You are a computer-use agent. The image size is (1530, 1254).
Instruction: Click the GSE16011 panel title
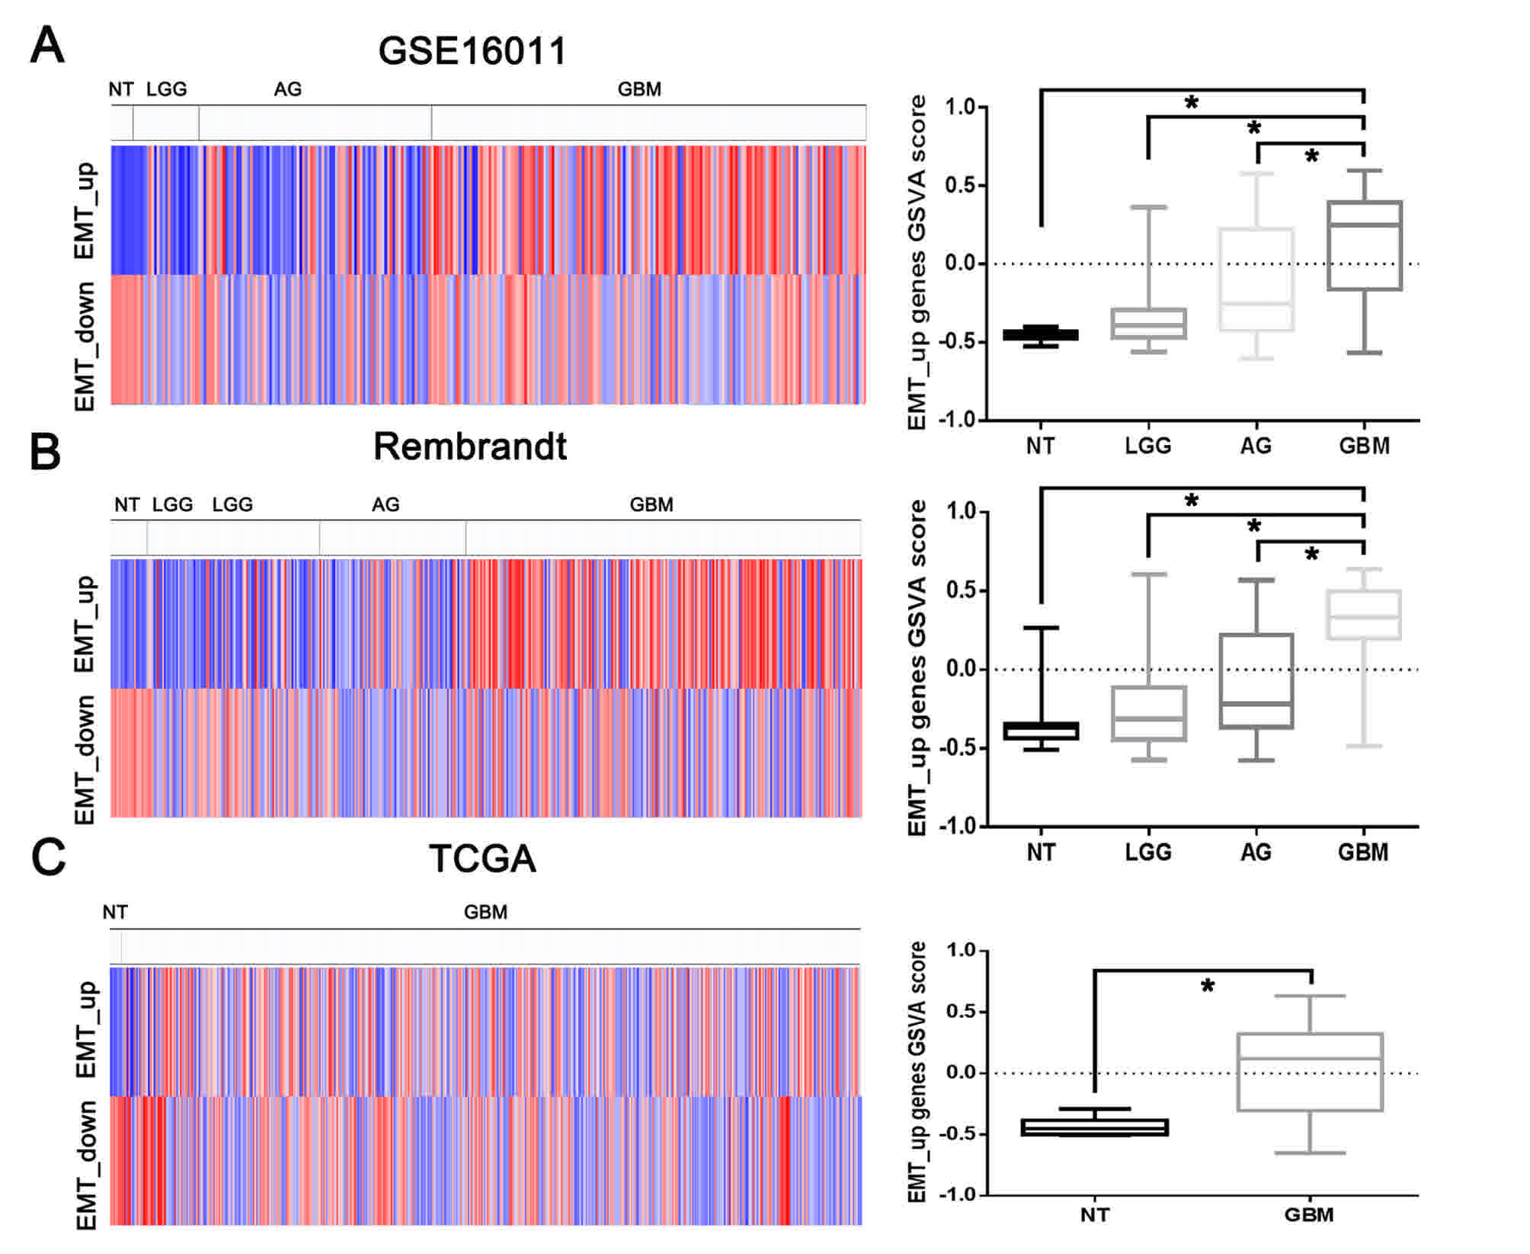[472, 52]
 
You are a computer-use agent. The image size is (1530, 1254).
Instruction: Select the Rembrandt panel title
[469, 446]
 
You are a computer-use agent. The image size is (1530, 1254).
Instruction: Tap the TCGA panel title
[482, 859]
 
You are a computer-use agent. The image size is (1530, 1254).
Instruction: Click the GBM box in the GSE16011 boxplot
[1364, 245]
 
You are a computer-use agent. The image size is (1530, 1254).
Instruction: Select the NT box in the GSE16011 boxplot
[1041, 334]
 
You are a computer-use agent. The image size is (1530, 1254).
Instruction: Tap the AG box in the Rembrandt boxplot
[1256, 681]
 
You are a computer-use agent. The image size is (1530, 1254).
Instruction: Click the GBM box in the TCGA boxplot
[1310, 1072]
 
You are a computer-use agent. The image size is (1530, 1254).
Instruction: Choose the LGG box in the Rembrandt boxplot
[1148, 714]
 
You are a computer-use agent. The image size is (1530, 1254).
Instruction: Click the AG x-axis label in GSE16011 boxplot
[1256, 446]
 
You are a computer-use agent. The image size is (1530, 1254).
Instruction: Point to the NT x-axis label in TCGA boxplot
[1095, 1214]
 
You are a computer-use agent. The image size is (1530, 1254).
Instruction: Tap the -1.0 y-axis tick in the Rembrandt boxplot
[959, 827]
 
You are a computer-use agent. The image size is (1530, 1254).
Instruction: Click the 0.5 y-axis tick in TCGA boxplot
[962, 1012]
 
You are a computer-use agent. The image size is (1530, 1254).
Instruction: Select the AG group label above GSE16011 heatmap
[288, 89]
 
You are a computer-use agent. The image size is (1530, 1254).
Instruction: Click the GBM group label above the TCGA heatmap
[485, 912]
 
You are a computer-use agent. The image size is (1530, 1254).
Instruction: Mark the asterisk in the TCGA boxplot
[1208, 987]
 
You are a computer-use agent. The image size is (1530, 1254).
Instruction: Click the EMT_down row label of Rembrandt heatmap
[85, 759]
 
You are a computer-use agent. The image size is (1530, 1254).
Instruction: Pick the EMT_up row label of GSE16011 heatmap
[85, 210]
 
